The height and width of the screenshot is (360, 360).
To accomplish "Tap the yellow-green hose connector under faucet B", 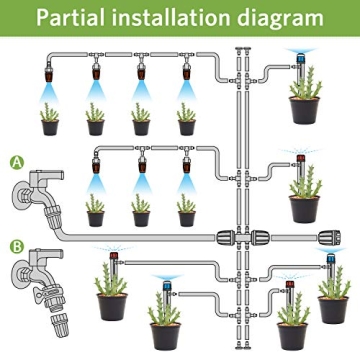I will [x=44, y=299].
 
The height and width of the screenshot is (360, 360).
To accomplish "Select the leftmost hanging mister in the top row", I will [x=50, y=72].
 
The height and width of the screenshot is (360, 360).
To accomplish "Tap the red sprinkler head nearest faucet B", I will [x=110, y=262].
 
